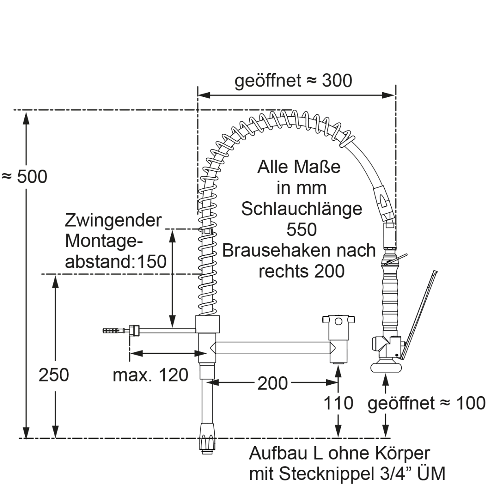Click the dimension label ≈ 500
click(x=24, y=176)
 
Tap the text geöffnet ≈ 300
click(x=293, y=81)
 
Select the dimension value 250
click(x=54, y=375)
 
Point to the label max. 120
click(x=150, y=375)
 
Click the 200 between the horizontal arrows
click(x=272, y=383)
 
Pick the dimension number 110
click(x=338, y=403)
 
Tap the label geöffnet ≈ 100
click(x=426, y=403)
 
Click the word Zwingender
click(x=113, y=221)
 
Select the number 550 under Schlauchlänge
click(x=301, y=230)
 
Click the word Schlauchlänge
click(x=301, y=209)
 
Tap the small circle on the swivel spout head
click(x=338, y=322)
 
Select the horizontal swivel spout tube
click(x=272, y=348)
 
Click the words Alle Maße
click(x=299, y=167)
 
